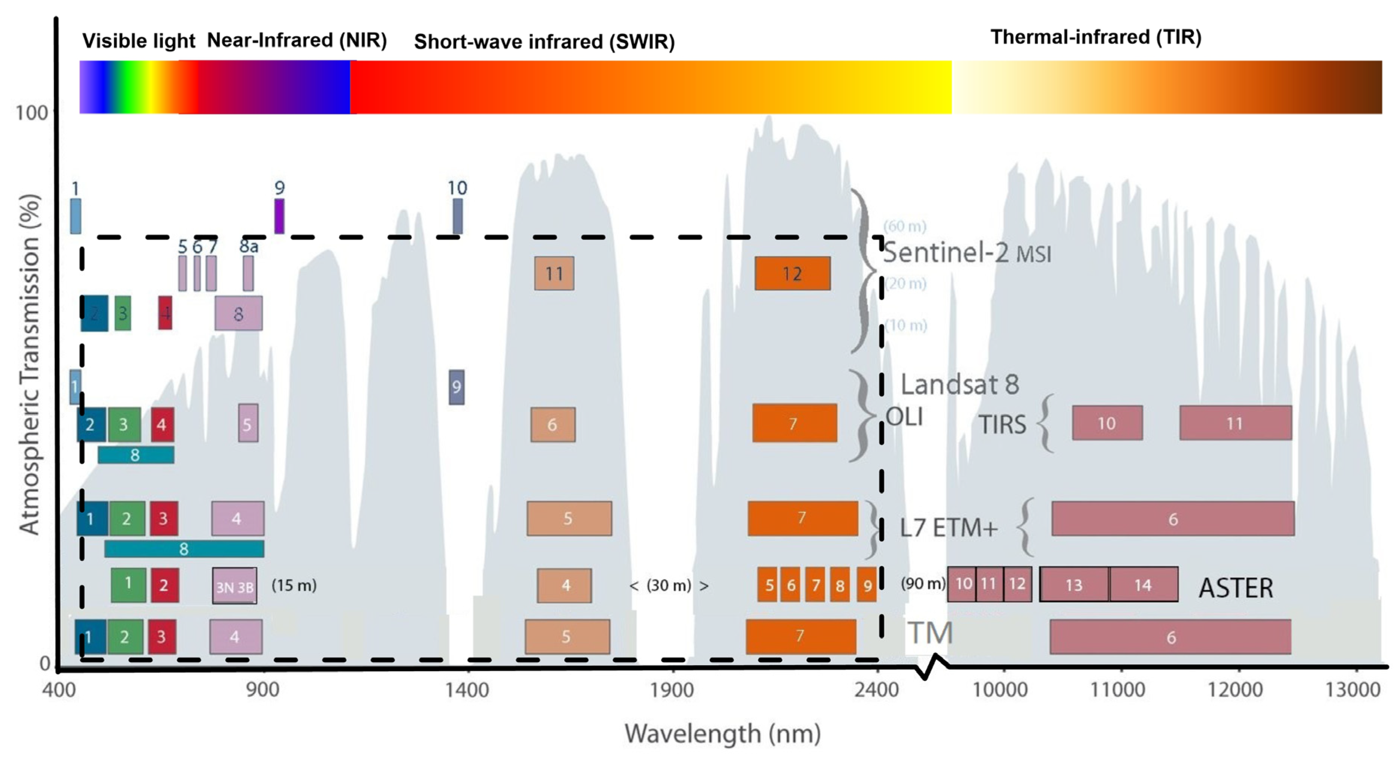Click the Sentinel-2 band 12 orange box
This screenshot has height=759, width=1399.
[792, 273]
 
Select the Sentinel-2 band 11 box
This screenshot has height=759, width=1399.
[554, 273]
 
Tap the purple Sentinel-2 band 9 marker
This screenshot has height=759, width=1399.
[279, 216]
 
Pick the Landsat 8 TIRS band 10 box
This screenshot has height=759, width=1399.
[1107, 423]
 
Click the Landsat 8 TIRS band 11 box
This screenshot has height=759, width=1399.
[1235, 423]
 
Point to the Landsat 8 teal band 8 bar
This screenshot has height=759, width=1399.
[136, 455]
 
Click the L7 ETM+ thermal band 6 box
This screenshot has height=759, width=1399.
[1173, 519]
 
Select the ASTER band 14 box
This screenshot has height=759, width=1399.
[1143, 585]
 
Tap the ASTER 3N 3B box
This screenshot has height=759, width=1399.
[235, 586]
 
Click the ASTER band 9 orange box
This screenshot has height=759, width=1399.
[867, 585]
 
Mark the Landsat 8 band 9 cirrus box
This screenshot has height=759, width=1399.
[456, 387]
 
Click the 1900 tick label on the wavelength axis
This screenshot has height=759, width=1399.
[672, 690]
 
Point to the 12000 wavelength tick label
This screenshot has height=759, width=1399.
[1235, 690]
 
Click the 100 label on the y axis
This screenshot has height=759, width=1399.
[32, 113]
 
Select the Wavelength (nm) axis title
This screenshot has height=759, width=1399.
[722, 733]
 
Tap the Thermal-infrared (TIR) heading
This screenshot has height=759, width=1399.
[1096, 37]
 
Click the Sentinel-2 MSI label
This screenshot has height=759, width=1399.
[967, 253]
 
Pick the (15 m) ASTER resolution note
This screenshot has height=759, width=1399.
[294, 585]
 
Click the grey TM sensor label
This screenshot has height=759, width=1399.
[930, 633]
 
